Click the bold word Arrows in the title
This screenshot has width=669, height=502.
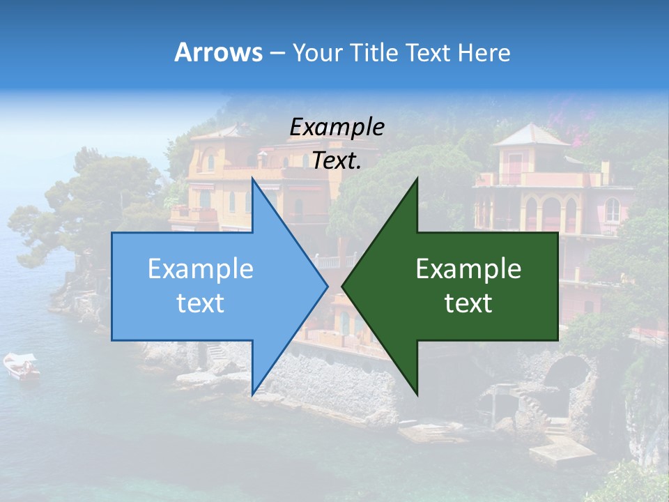tap(218, 52)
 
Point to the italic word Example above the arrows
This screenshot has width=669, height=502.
tap(337, 127)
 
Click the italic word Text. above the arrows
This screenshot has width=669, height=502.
tap(337, 160)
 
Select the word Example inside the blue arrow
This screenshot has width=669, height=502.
tap(201, 269)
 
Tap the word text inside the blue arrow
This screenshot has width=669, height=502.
tap(201, 303)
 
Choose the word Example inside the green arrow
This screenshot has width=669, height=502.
tap(468, 269)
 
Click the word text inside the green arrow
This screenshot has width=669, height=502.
tap(468, 303)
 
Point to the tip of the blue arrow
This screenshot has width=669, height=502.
tap(328, 286)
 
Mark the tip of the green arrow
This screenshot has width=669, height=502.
tap(342, 286)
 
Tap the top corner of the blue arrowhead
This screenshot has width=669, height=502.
tap(252, 178)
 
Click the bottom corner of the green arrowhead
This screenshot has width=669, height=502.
tap(417, 395)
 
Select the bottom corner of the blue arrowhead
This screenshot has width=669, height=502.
tap(252, 395)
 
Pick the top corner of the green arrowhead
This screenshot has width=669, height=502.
tap(417, 178)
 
